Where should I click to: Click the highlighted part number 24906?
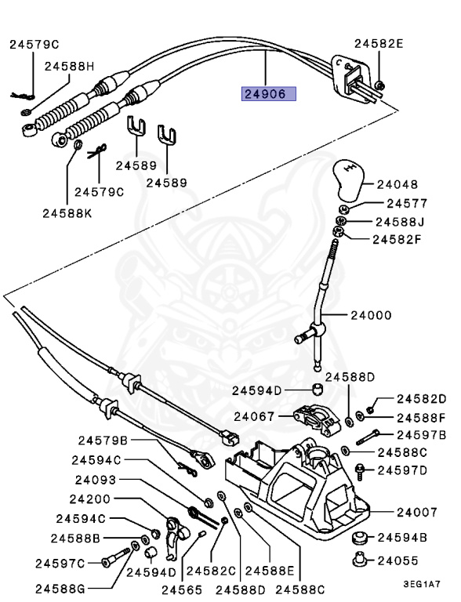tap(269, 94)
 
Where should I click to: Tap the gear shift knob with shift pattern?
tap(348, 180)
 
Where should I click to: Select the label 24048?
tap(397, 185)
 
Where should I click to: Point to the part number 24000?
tap(371, 315)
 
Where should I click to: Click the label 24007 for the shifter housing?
tap(417, 512)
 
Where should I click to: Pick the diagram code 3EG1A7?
tap(422, 584)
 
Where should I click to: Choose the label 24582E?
tap(379, 44)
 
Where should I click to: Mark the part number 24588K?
tap(67, 213)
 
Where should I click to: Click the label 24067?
tap(254, 416)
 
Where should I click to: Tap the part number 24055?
tap(397, 561)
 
